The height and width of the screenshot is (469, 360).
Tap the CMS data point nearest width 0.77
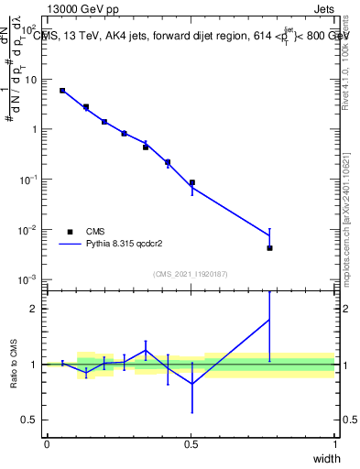(269, 248)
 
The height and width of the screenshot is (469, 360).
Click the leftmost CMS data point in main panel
(62, 91)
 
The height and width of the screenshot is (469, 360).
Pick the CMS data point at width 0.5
(191, 182)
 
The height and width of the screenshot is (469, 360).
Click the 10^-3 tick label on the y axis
(27, 278)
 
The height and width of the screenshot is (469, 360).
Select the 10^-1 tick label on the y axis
(27, 180)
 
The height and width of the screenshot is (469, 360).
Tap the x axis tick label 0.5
(191, 444)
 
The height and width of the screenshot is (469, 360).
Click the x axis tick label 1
(334, 444)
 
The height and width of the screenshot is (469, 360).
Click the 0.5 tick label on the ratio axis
(30, 420)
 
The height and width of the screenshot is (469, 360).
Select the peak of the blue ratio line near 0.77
(269, 320)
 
